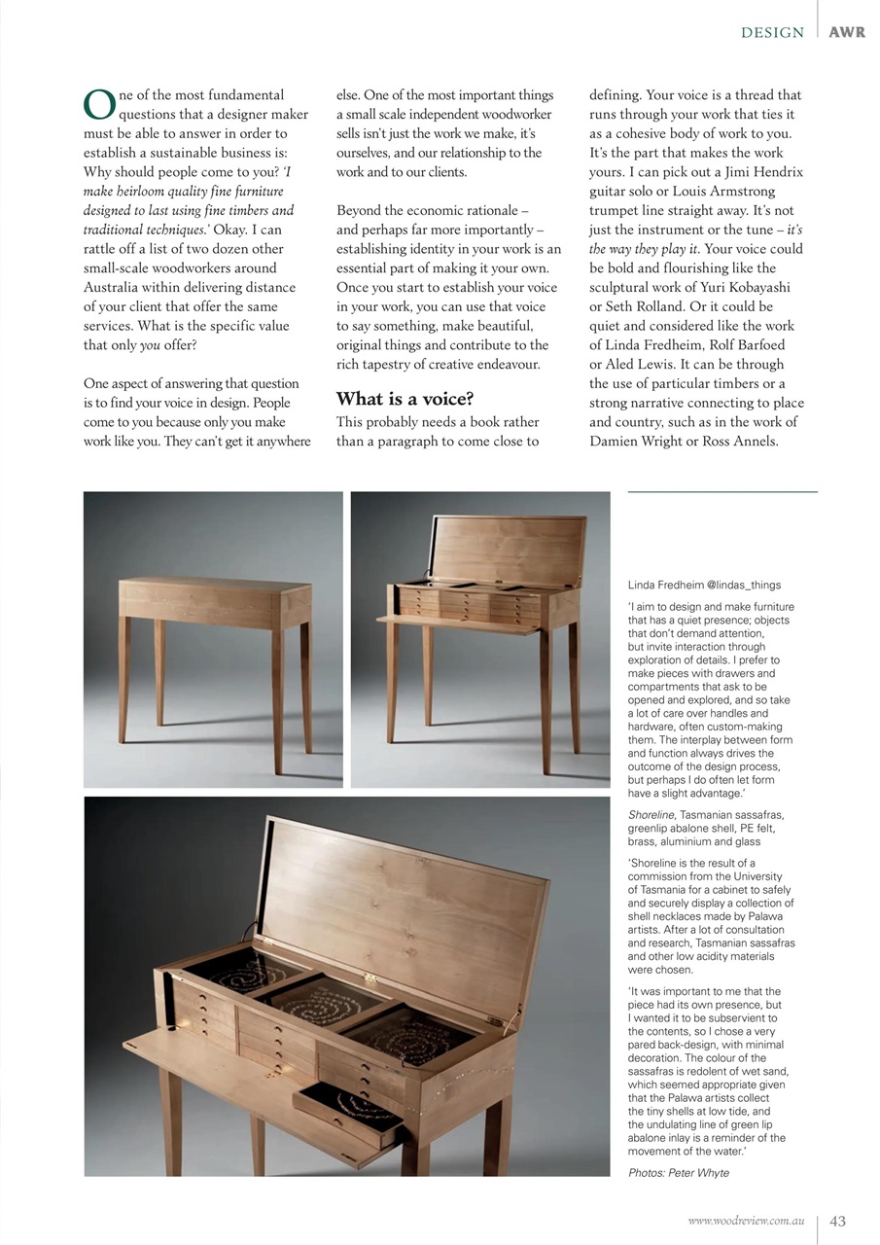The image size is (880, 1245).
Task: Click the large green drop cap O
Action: point(99,104)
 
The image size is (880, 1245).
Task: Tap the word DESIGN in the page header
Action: point(772,32)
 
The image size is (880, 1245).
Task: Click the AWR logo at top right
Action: point(847,32)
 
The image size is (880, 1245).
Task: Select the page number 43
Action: point(837,1222)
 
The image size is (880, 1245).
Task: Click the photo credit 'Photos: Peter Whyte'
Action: point(679,1172)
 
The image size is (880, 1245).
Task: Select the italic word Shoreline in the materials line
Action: point(651,814)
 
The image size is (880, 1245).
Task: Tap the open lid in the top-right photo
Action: point(508,551)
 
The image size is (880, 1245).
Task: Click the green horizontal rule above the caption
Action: point(722,492)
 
